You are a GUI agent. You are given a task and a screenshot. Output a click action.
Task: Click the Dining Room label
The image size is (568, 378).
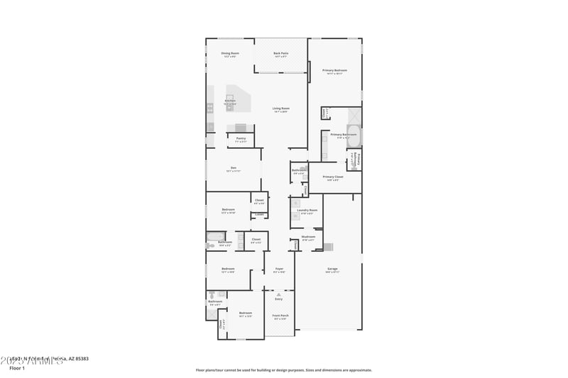229,53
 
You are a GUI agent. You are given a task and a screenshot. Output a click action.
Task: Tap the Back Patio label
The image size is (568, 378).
281,53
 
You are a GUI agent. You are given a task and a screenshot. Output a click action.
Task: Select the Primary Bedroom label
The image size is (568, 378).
334,71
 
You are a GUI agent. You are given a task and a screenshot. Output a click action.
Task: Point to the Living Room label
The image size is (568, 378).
281,109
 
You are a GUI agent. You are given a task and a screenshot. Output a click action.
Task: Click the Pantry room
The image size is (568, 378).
241,140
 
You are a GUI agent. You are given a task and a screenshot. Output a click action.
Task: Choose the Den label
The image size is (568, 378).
234,168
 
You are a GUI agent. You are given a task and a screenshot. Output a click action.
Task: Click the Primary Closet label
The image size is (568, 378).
333,177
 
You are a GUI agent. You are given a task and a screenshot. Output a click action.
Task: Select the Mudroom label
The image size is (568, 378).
308,237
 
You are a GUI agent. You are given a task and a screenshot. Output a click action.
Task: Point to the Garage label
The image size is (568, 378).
332,269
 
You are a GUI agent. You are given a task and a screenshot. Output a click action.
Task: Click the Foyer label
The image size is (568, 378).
279,269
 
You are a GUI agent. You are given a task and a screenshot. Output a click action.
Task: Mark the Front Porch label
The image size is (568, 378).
280,316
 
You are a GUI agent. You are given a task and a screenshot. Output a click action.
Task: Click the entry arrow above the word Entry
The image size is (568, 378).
278,293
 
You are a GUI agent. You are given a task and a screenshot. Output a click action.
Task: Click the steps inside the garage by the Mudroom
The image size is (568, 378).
327,246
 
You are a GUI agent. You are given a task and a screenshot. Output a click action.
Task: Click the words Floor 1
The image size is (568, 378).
16,368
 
